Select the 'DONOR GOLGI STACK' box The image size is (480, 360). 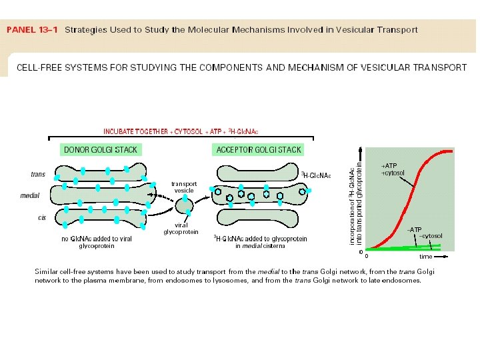tap(99, 149)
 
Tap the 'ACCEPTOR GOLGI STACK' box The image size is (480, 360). tap(259, 149)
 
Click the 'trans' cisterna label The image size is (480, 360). tap(38, 174)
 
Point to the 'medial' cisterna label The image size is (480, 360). tap(30, 196)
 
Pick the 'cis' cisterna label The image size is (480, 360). tap(41, 218)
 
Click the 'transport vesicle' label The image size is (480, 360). tap(184, 187)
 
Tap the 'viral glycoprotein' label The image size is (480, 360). tap(181, 229)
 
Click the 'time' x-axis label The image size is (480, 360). tap(425, 256)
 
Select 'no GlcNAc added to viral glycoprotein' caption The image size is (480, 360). tap(97, 242)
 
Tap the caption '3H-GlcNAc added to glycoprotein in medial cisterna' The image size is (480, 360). tap(260, 242)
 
